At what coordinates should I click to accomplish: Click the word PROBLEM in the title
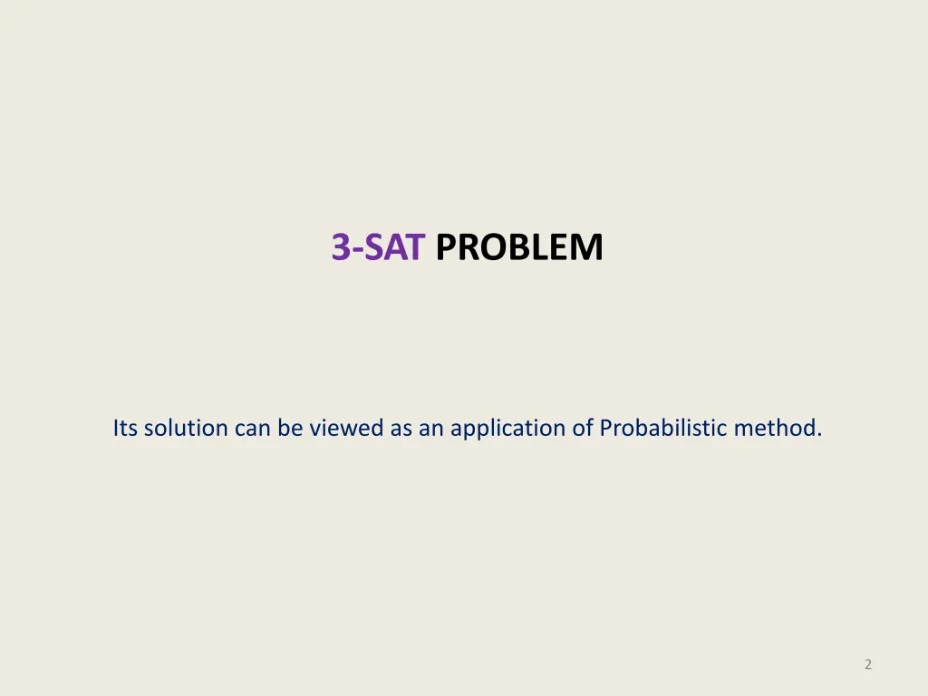coord(518,247)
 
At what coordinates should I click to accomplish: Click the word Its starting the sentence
coord(125,428)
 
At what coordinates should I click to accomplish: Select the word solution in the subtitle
coord(186,428)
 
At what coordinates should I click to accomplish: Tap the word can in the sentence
coord(253,428)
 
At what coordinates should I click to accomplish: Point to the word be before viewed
coord(290,428)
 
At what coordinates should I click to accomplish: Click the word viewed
coord(347,428)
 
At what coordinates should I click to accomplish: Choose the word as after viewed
coord(401,428)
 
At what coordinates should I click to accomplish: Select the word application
coord(507,428)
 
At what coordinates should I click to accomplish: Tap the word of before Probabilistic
coord(582,428)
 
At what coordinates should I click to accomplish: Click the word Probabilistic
coord(663,428)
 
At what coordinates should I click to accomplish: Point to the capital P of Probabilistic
coord(606,428)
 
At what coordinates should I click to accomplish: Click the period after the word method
coord(819,434)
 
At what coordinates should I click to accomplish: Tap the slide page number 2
coord(868,664)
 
